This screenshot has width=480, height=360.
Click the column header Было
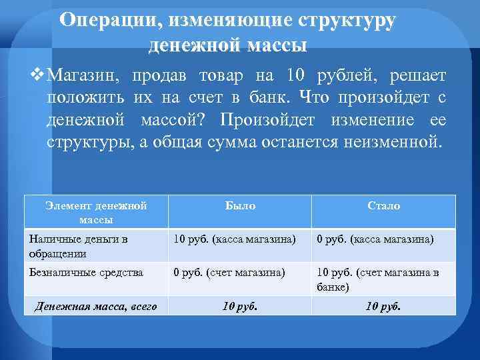(x=240, y=206)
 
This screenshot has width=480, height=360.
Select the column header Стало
(x=384, y=206)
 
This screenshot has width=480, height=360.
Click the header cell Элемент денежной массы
(x=96, y=212)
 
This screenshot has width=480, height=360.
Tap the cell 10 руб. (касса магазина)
(x=235, y=239)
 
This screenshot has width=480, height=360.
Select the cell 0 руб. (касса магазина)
(x=375, y=239)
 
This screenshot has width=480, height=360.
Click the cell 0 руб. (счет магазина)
(x=229, y=272)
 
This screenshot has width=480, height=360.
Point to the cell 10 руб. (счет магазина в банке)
(x=378, y=279)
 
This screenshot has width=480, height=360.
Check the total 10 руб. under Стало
(x=384, y=307)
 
